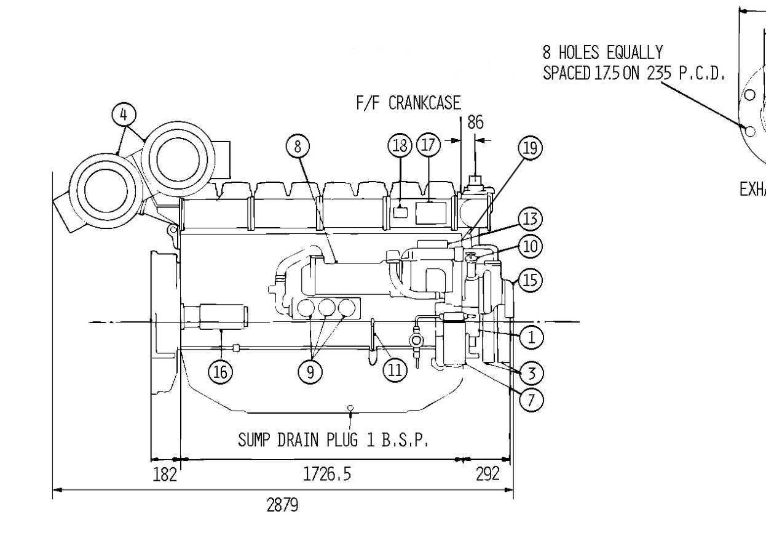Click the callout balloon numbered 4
[124, 114]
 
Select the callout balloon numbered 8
[298, 147]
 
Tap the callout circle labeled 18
[400, 145]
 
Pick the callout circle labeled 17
[428, 145]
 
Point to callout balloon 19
[531, 148]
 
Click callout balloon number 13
[531, 219]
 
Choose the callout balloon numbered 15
[531, 280]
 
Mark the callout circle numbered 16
[221, 372]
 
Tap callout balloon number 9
[310, 372]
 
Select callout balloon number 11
[395, 370]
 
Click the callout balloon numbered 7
[531, 399]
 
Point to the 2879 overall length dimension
[282, 505]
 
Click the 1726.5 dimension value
[327, 474]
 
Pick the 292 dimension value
[488, 474]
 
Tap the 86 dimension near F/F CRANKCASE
[476, 122]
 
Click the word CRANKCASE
[425, 103]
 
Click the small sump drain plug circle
[350, 407]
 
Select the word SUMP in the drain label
[254, 440]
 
